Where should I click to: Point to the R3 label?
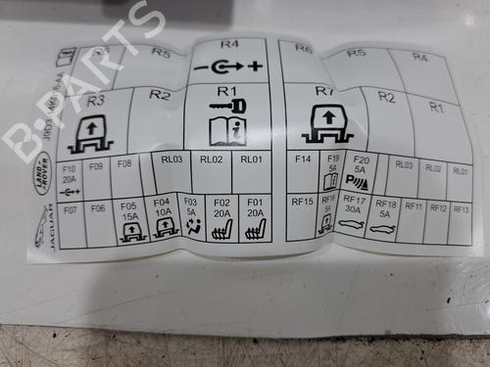[96, 100]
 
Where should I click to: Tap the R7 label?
[324, 91]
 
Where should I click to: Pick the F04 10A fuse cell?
[163, 220]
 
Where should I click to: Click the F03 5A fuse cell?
[191, 218]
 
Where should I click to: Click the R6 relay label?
[303, 48]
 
